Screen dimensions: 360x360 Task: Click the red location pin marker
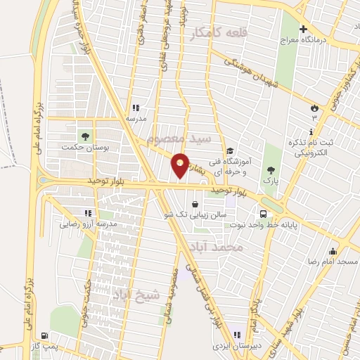pos(180,165)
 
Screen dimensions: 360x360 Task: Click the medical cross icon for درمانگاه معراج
pos(303,30)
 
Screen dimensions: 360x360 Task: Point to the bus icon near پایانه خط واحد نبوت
pos(263,214)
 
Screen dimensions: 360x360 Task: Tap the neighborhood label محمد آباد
pos(240,248)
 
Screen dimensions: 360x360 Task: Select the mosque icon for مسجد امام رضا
pos(333,250)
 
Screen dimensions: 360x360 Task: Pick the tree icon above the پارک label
pos(270,169)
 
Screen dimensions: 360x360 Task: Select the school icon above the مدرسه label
pos(136,108)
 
